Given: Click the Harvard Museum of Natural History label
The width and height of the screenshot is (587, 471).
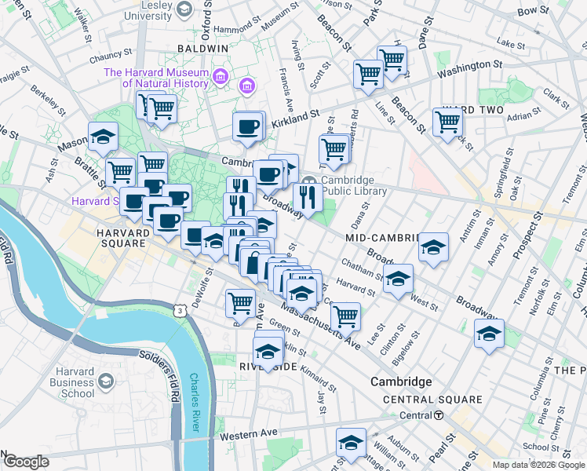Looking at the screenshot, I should click(x=157, y=78).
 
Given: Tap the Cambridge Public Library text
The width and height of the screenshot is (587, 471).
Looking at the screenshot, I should click(x=353, y=185).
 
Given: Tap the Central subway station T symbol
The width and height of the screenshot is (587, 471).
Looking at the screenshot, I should click(x=439, y=414).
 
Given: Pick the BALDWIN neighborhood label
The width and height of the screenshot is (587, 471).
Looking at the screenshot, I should click(x=202, y=48).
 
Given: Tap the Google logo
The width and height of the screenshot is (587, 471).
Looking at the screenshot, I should click(x=25, y=462).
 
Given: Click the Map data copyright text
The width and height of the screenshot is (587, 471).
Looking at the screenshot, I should click(x=538, y=465).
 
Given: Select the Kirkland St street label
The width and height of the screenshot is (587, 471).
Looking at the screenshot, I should click(x=295, y=118).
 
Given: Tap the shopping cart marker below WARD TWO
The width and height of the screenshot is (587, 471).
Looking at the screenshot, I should click(x=447, y=122).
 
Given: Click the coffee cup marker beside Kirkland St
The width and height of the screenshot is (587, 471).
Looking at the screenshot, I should click(x=248, y=126).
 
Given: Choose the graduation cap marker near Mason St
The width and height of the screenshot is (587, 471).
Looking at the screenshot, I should click(x=103, y=138).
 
